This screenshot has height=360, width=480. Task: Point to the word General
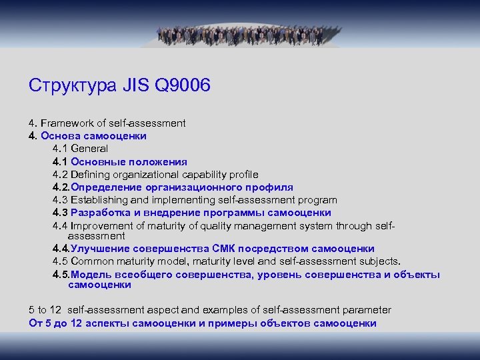tap(89, 148)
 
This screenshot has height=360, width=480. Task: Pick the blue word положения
tap(159, 161)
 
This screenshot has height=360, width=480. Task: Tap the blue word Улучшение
tap(98, 249)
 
